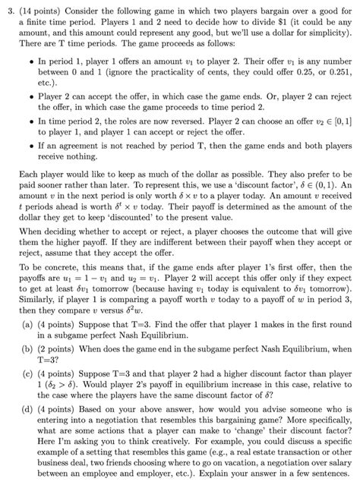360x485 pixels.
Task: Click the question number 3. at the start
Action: click(x=8, y=7)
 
